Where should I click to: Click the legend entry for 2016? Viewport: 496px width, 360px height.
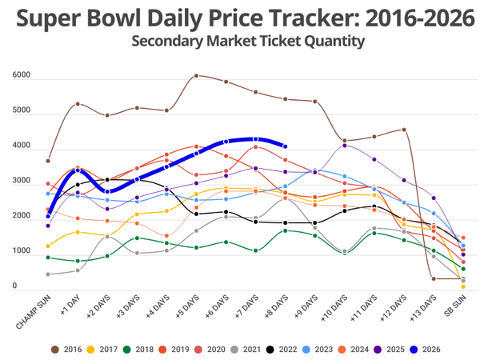pos(66,349)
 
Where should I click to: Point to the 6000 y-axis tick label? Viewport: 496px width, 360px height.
pos(22,76)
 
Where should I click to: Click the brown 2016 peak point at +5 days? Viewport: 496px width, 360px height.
pos(197,76)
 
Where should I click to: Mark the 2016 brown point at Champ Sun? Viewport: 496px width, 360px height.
pos(48,161)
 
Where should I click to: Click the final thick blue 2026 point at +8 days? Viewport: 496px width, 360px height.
pos(286,146)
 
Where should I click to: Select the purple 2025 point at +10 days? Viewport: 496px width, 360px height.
pos(345,146)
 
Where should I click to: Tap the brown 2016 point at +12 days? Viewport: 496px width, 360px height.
pos(404,130)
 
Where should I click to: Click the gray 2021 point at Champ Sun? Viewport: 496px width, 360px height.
pos(48,274)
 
